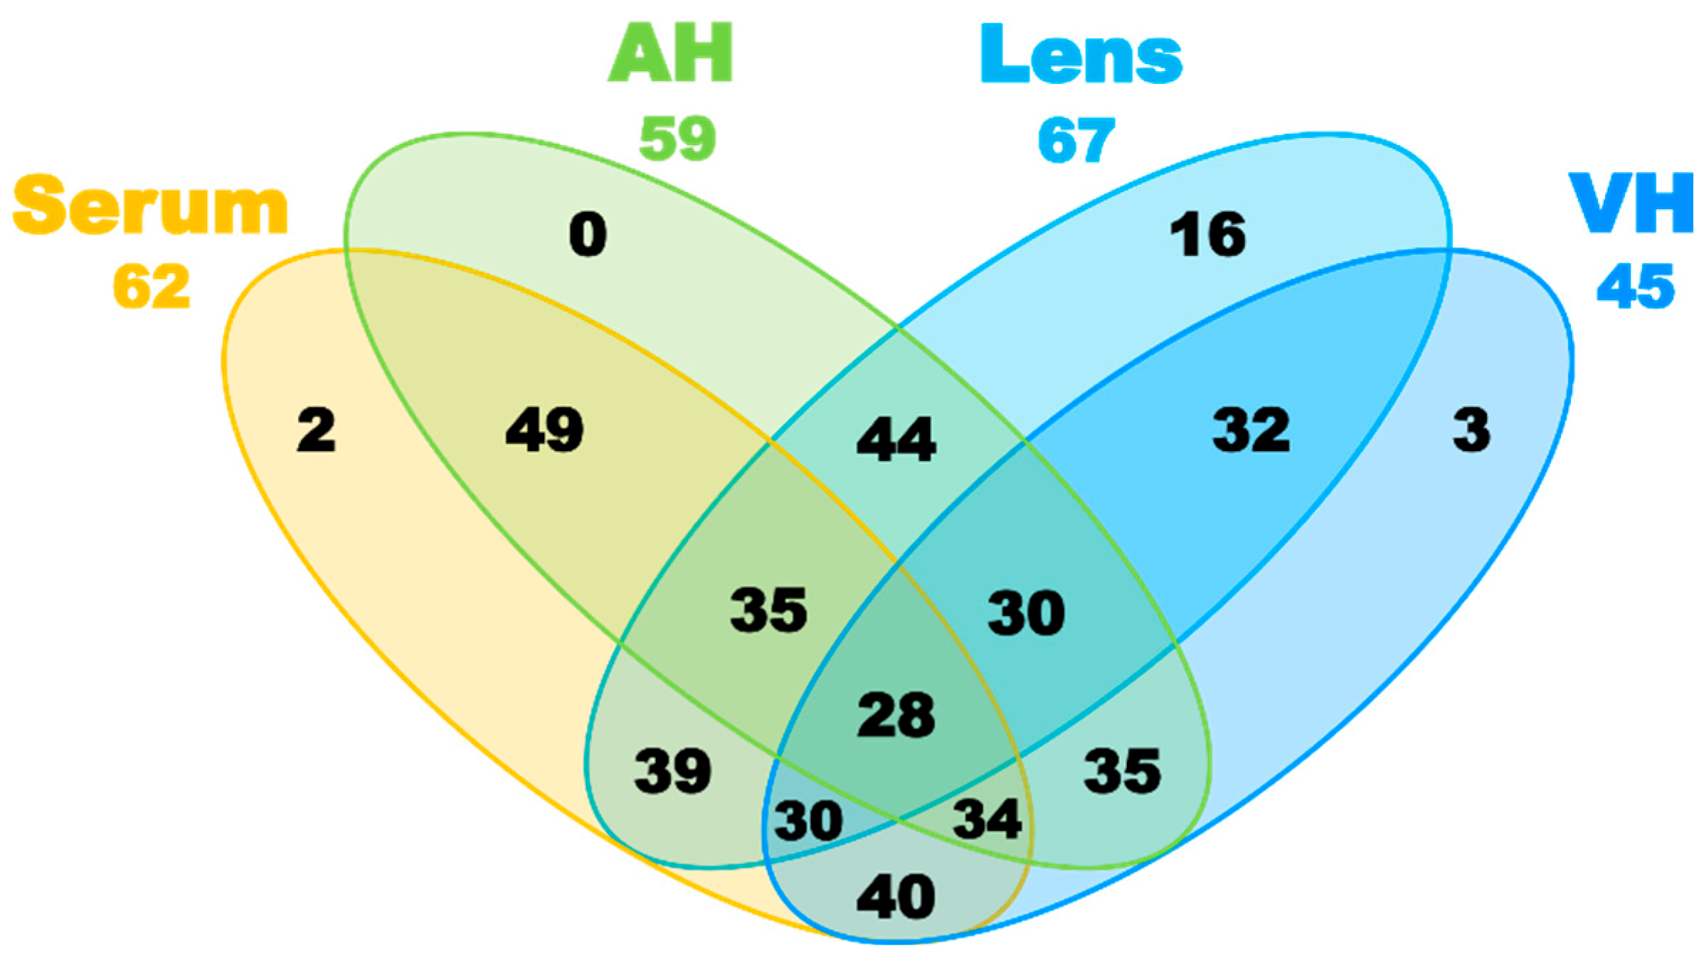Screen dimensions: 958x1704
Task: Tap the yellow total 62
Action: coord(152,286)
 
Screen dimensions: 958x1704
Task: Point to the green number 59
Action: coord(677,138)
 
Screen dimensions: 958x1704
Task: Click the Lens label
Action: coord(1081,54)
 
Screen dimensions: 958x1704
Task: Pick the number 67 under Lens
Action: coord(1076,140)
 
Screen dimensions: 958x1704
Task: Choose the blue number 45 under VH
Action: coord(1636,286)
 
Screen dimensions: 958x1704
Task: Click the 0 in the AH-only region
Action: coord(588,235)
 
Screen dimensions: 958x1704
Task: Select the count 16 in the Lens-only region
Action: coord(1208,235)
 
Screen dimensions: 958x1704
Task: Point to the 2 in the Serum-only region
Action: coord(316,430)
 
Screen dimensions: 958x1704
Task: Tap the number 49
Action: coord(545,430)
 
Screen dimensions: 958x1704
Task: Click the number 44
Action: coord(896,439)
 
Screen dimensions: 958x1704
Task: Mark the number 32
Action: coord(1251,430)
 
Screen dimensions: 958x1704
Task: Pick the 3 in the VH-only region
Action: coord(1471,430)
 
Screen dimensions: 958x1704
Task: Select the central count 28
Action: coord(896,715)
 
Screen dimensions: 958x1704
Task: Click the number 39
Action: coord(673,771)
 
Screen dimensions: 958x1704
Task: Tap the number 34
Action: coord(988,819)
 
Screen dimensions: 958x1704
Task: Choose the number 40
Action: coord(896,897)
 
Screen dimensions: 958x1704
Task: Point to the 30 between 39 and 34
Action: coord(808,821)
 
